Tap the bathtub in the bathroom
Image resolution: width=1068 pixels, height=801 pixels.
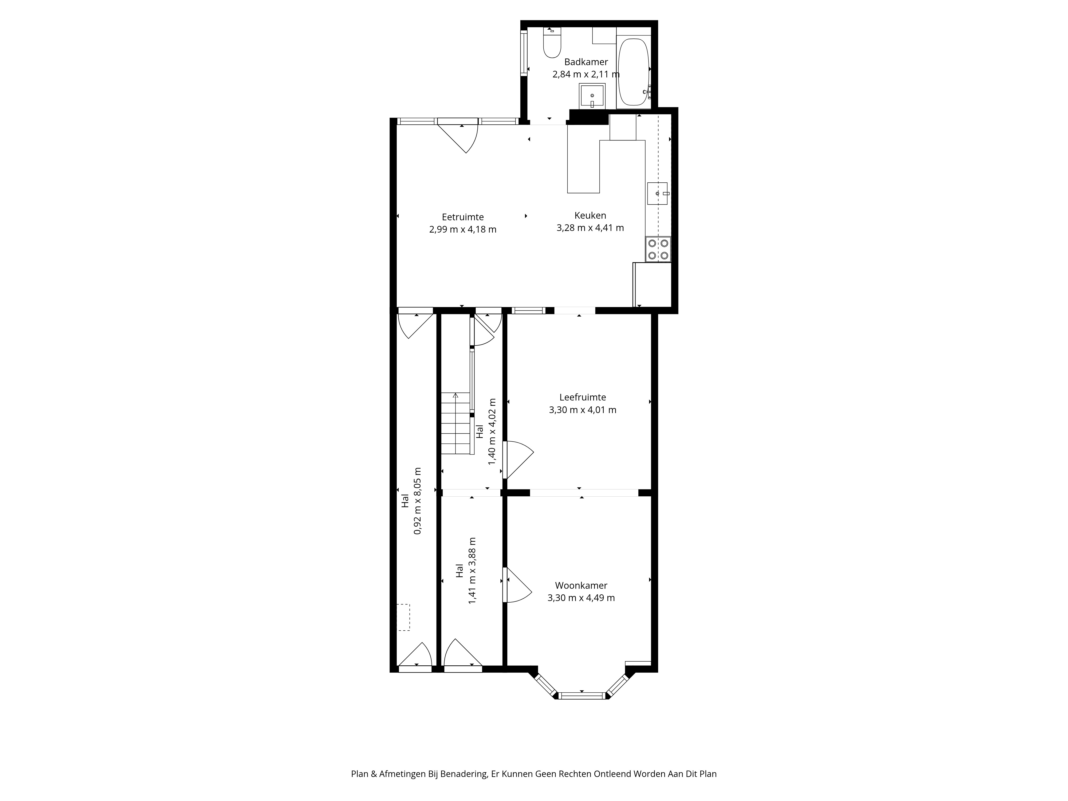pyautogui.click(x=634, y=72)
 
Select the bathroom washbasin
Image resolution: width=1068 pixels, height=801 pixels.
pyautogui.click(x=592, y=96)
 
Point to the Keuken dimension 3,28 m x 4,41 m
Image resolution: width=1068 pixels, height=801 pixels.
pyautogui.click(x=590, y=228)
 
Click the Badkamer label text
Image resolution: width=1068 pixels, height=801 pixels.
pyautogui.click(x=586, y=62)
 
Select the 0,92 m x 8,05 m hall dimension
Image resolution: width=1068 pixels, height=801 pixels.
pyautogui.click(x=418, y=501)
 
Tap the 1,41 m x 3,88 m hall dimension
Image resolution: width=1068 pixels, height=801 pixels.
pyautogui.click(x=472, y=570)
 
